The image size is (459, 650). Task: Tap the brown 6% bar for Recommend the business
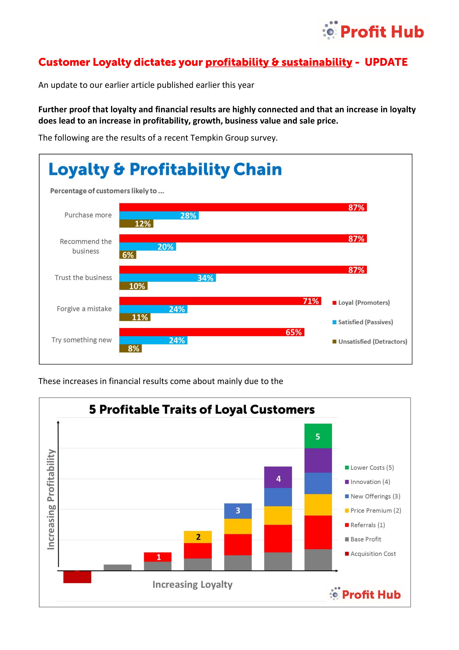click(x=128, y=255)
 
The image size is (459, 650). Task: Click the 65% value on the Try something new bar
click(x=294, y=332)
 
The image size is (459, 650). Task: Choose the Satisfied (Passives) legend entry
click(x=365, y=322)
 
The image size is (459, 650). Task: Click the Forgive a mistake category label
click(x=84, y=309)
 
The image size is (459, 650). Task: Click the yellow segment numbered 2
click(x=198, y=537)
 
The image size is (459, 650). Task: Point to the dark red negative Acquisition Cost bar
click(x=77, y=577)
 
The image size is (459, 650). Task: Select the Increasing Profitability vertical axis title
click(x=51, y=500)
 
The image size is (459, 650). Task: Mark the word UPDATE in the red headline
click(x=386, y=62)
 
